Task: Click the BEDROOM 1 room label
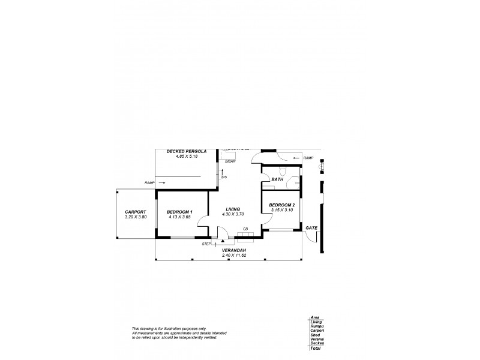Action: (179, 212)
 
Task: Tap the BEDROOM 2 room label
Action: (281, 205)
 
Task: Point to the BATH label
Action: (277, 179)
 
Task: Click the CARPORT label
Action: (135, 212)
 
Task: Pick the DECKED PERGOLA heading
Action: (187, 152)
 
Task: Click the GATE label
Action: (311, 228)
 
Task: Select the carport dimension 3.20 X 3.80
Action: (136, 217)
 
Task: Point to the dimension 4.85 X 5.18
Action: (187, 157)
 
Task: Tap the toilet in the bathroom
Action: (281, 169)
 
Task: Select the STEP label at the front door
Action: (207, 244)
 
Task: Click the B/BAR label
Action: (229, 162)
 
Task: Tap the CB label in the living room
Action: (245, 229)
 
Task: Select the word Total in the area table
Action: (316, 348)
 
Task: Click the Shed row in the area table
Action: (316, 335)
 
